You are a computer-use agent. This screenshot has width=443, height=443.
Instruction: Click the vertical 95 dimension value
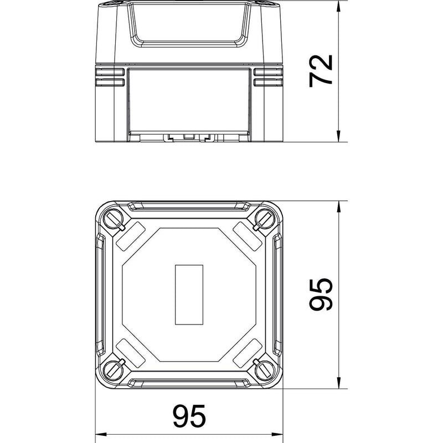click(x=321, y=294)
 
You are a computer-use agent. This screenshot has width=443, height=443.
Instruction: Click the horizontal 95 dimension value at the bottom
click(x=189, y=416)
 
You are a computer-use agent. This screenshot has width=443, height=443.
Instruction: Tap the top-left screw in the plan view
click(x=114, y=219)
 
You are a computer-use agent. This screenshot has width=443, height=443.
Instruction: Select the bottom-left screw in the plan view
click(x=114, y=370)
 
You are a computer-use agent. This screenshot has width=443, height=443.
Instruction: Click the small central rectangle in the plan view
click(x=189, y=295)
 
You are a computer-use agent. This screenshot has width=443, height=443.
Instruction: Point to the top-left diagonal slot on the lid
click(x=131, y=236)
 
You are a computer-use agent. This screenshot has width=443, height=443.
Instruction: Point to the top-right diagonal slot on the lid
click(x=247, y=236)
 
